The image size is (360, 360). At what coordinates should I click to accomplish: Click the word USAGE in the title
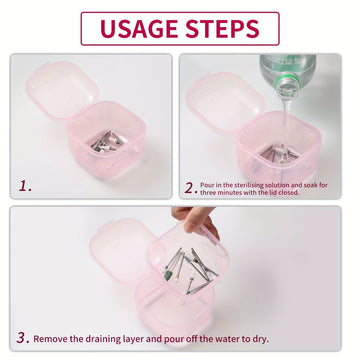[139, 29]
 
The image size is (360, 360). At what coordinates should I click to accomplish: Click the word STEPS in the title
[222, 29]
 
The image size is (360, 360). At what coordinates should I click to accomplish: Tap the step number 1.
[25, 186]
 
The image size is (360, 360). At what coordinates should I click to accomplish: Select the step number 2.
[191, 188]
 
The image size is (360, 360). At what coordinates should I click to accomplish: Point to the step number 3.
[23, 338]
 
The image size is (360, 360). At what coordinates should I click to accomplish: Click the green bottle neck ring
[288, 81]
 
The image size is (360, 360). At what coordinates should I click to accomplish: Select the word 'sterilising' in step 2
[237, 185]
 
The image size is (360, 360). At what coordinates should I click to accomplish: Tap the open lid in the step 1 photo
[62, 89]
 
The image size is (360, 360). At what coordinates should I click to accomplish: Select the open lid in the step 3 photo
[123, 250]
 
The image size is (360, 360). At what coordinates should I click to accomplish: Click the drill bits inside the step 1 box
[107, 141]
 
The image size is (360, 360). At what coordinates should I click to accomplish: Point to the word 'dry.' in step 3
[260, 340]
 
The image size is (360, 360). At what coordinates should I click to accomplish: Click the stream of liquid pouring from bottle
[285, 125]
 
